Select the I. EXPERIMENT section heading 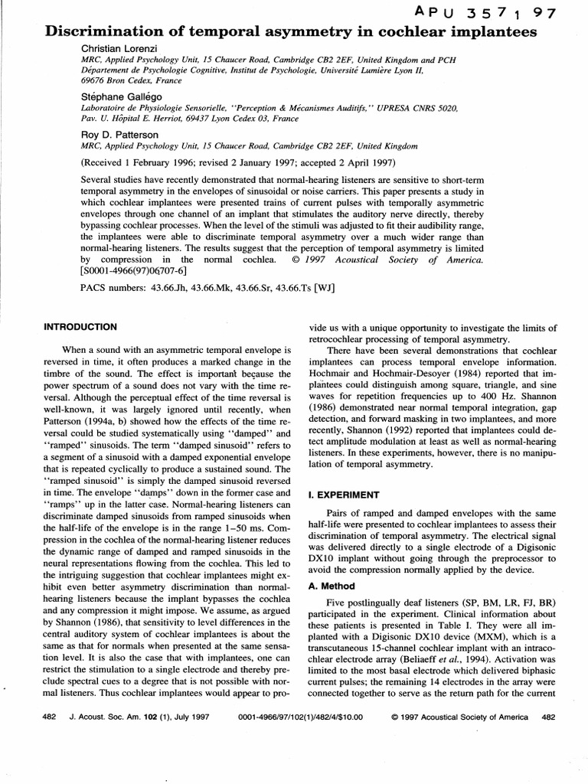pos(343,495)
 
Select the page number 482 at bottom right pos(547,717)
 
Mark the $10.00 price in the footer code pos(347,717)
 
